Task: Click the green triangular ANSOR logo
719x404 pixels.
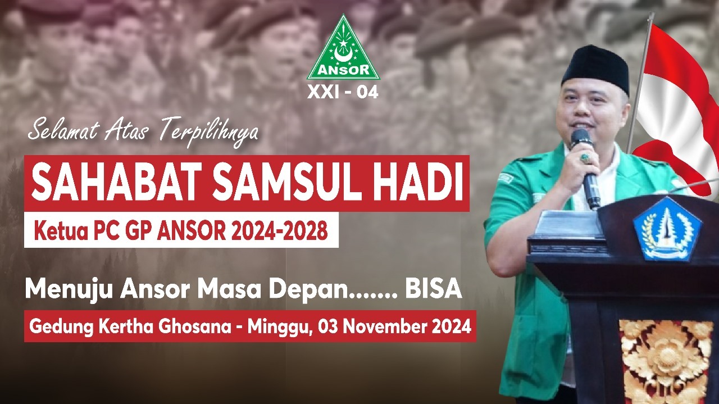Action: (343, 48)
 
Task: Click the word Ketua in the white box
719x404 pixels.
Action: (61, 230)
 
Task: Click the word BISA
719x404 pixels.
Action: (433, 289)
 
